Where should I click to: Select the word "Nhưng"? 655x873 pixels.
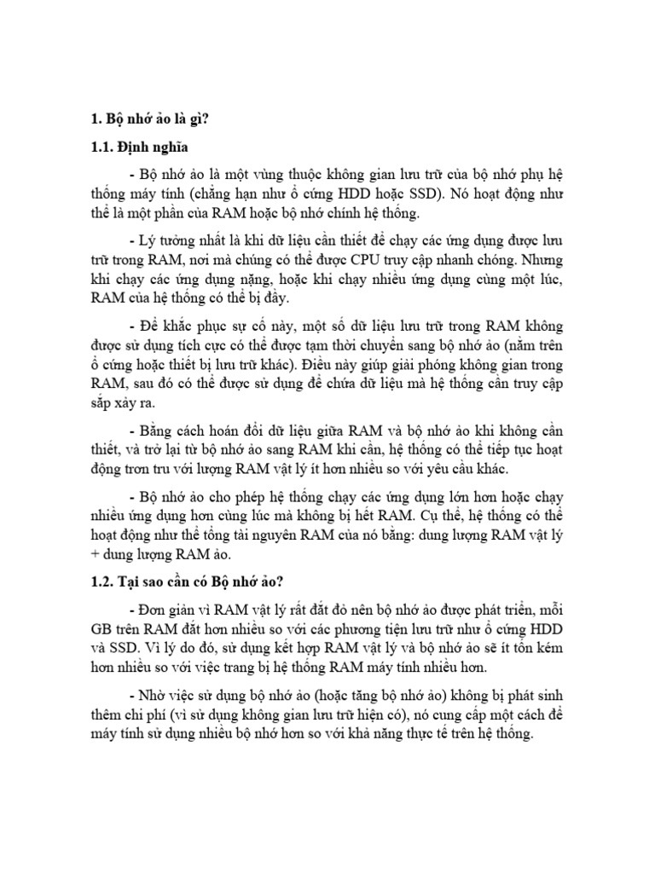tap(542, 257)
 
